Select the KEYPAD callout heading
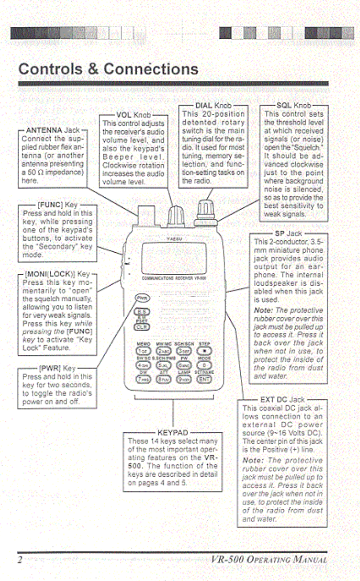[x=173, y=433]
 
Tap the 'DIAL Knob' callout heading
[x=213, y=106]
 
